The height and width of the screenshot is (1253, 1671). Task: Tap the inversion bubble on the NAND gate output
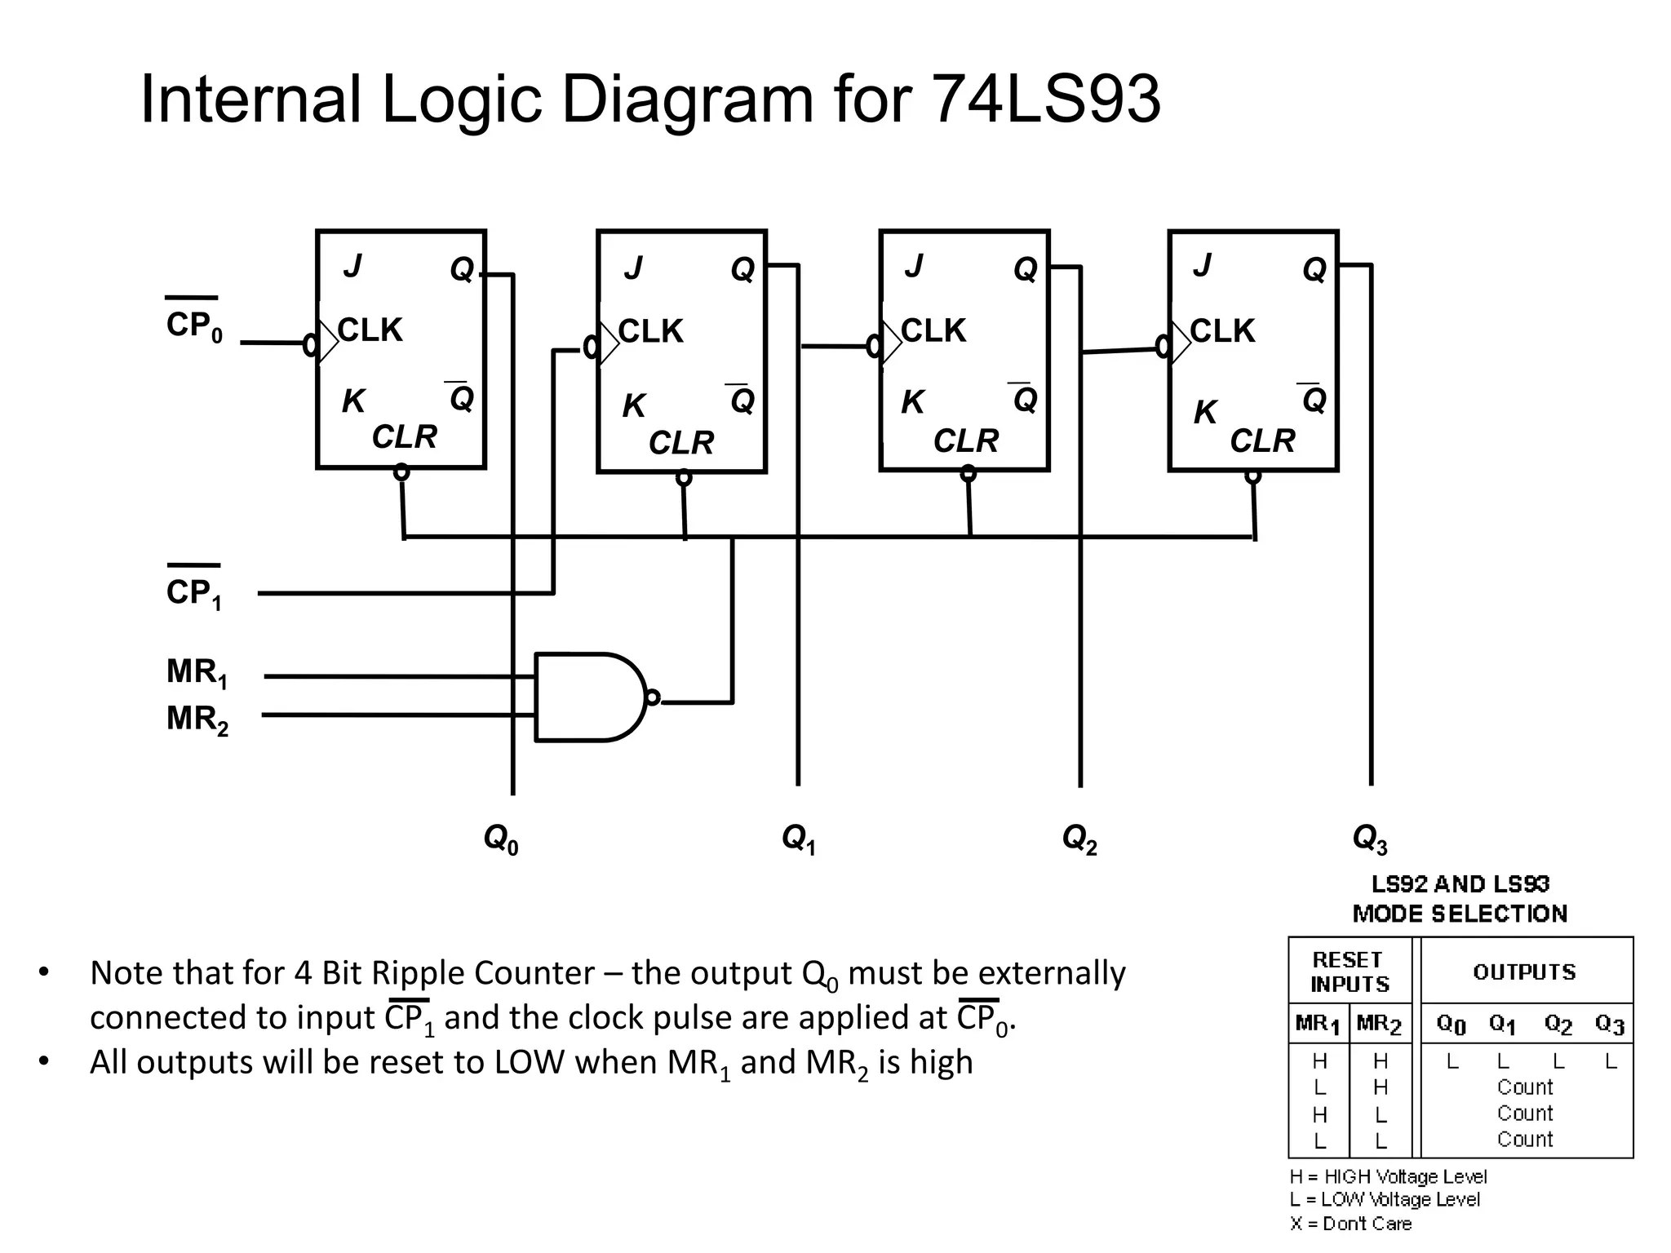[652, 697]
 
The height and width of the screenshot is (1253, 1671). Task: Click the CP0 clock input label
[194, 325]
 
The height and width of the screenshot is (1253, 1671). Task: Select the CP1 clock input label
[194, 592]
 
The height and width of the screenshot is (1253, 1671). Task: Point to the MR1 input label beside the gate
[197, 673]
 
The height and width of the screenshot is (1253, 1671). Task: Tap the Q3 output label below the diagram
[1369, 839]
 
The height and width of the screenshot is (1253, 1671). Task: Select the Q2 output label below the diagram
[1079, 839]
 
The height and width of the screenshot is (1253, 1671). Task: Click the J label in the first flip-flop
[352, 266]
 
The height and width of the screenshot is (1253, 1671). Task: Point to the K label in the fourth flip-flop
[1204, 413]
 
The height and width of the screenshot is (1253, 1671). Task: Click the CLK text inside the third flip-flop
[933, 331]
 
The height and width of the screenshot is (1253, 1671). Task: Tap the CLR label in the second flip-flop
[681, 443]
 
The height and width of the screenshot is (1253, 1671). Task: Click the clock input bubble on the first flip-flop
[310, 345]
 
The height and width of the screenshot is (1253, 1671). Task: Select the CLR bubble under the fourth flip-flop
[1253, 476]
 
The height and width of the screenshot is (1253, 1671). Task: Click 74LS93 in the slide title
[1045, 100]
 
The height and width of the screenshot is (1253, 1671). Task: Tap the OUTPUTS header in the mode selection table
[1524, 972]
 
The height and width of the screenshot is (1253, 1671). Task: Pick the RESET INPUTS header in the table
[1350, 972]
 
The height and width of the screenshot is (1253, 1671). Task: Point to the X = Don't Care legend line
[1350, 1224]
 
